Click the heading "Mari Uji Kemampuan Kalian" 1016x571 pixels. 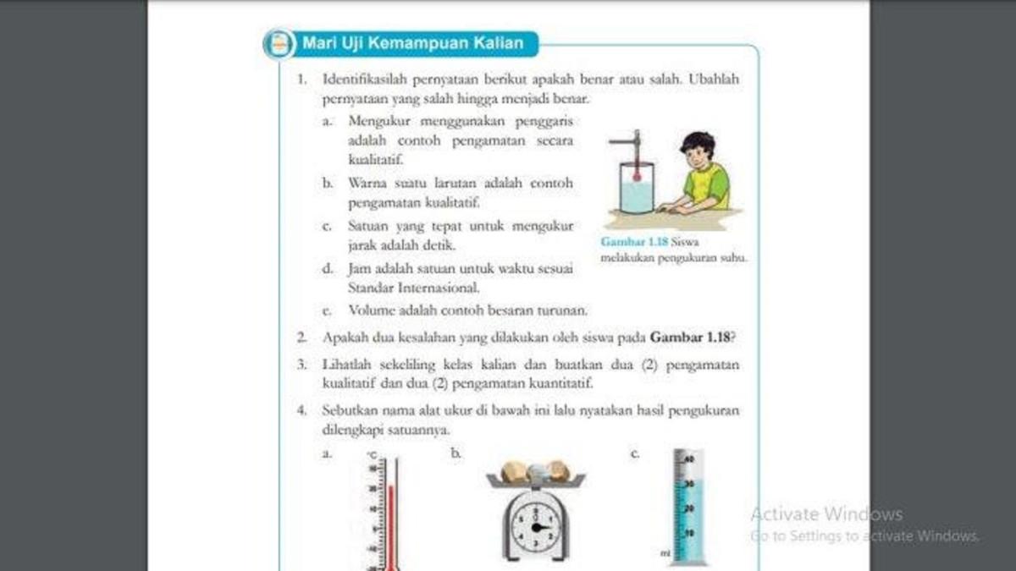tap(412, 42)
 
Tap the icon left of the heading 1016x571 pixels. tap(279, 43)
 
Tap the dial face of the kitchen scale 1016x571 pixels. tap(535, 527)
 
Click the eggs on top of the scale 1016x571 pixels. tap(534, 470)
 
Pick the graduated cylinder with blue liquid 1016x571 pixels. tap(687, 508)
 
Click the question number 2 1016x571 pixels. tap(301, 337)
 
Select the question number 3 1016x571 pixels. tap(301, 365)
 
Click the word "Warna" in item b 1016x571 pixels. tap(367, 183)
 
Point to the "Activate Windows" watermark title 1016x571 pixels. tap(826, 513)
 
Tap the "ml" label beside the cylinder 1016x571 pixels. tap(666, 554)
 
